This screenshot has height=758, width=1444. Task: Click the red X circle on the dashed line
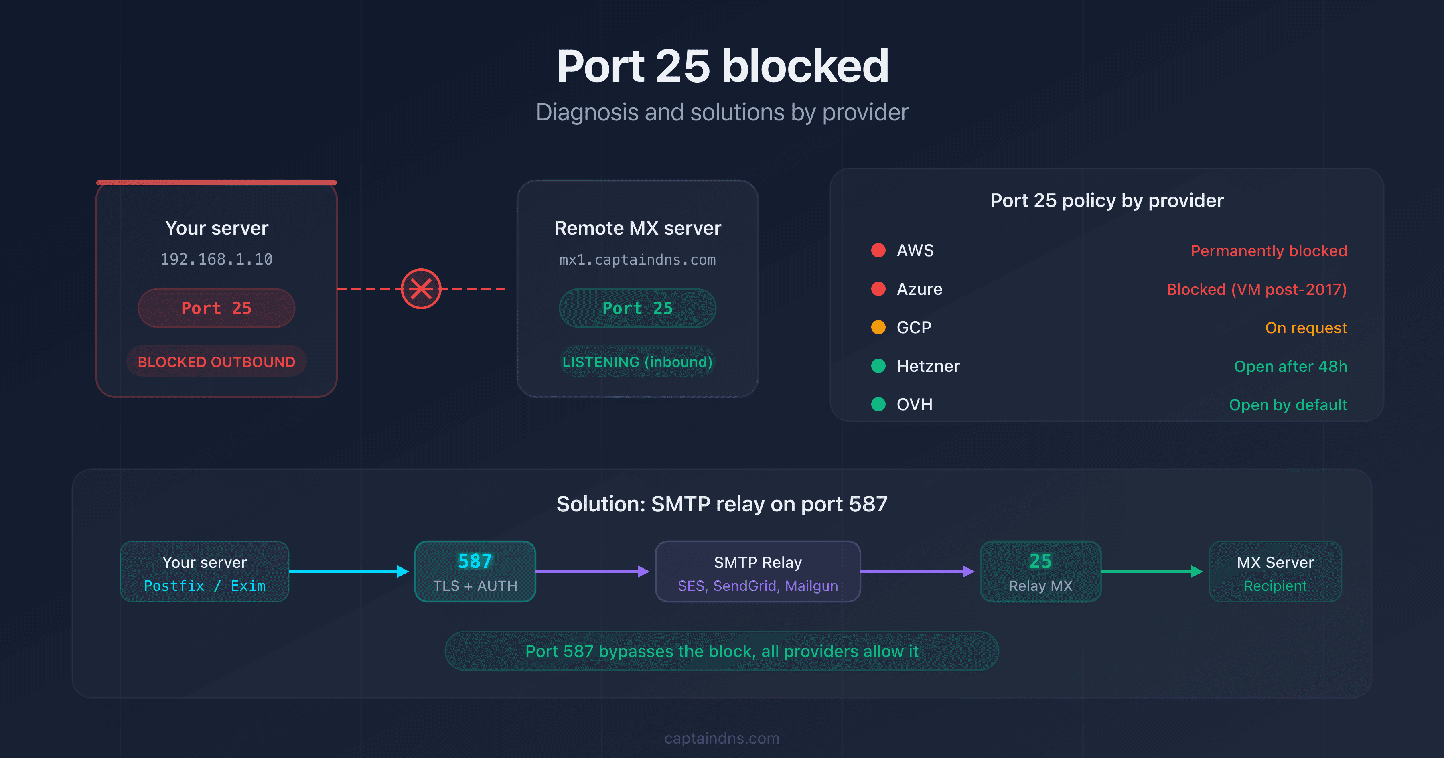pyautogui.click(x=421, y=289)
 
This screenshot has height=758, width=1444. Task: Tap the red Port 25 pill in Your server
pyautogui.click(x=216, y=308)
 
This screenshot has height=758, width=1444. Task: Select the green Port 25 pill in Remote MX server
pyautogui.click(x=637, y=308)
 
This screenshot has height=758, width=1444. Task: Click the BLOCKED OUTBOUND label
pyautogui.click(x=216, y=362)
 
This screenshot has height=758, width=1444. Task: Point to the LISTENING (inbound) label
pyautogui.click(x=637, y=362)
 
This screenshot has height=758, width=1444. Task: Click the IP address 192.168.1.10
pyautogui.click(x=216, y=259)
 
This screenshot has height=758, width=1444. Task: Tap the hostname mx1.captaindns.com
pyautogui.click(x=637, y=259)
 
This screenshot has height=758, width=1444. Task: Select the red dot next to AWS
pyautogui.click(x=878, y=250)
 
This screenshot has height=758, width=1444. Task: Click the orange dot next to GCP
pyautogui.click(x=878, y=327)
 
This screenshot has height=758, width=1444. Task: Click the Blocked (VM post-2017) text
pyautogui.click(x=1256, y=289)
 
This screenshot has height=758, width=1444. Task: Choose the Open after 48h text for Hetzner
pyautogui.click(x=1290, y=366)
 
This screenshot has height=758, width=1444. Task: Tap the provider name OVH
pyautogui.click(x=914, y=404)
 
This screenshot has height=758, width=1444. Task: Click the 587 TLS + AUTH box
pyautogui.click(x=475, y=571)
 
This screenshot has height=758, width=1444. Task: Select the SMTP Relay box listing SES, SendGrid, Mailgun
pyautogui.click(x=757, y=571)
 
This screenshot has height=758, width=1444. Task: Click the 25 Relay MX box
pyautogui.click(x=1040, y=571)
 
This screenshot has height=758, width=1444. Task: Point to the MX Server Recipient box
pyautogui.click(x=1275, y=571)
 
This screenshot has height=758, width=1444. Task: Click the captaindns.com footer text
pyautogui.click(x=722, y=738)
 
